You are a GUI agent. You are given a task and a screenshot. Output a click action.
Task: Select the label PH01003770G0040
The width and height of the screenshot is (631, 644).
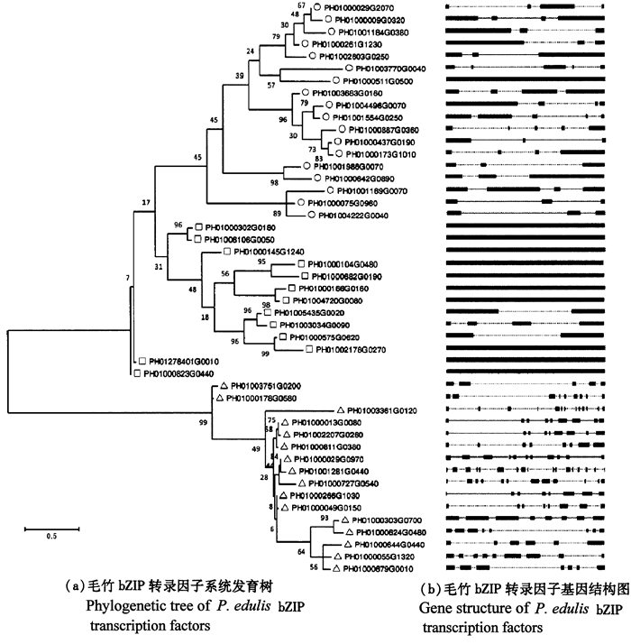[x=392, y=69]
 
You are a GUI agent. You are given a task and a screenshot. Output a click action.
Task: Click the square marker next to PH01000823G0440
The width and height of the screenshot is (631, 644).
[x=134, y=372]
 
